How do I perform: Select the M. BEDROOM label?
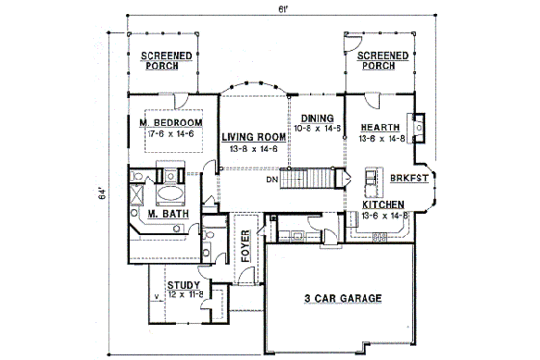[170, 125]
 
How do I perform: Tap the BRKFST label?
[406, 178]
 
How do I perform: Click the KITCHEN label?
[382, 205]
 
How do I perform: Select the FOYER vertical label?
[246, 248]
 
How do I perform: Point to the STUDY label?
[183, 285]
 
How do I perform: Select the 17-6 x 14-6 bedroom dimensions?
[170, 135]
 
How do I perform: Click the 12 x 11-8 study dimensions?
[183, 295]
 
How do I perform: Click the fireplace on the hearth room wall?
[420, 127]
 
